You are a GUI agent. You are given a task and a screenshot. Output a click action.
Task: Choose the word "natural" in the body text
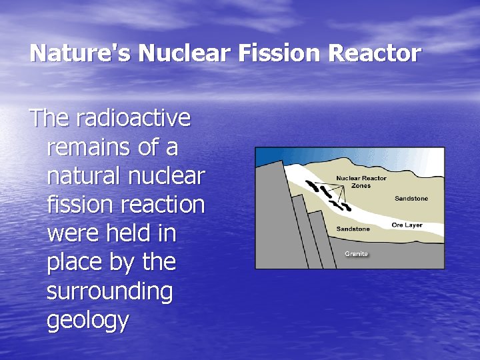coord(82,176)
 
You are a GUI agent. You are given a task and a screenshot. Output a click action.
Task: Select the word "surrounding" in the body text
coord(109,291)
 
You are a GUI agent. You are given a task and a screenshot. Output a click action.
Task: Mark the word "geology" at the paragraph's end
coord(87,321)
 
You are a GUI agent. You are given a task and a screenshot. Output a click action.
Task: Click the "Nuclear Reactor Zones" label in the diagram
coord(361,182)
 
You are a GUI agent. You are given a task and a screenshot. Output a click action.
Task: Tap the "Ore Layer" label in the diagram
coord(407,225)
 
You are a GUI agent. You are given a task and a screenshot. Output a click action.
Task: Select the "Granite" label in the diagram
coord(356,254)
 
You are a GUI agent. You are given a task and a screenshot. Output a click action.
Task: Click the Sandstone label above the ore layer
coord(411,199)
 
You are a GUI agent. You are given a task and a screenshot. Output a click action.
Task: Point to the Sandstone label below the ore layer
coord(353,229)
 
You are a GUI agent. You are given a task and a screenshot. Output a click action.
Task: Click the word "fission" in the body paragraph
coord(71,205)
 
